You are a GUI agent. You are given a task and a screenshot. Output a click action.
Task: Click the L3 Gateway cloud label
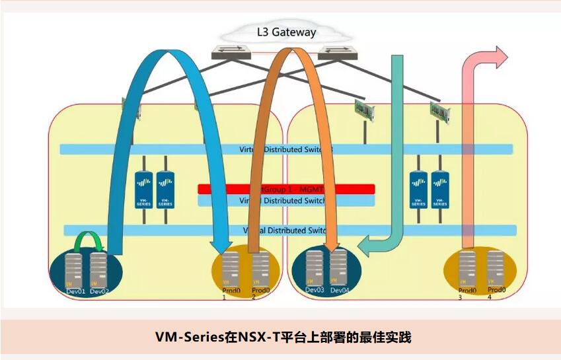click(286, 32)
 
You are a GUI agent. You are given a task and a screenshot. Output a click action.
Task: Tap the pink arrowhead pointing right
click(499, 57)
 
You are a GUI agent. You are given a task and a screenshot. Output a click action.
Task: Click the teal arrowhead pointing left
click(365, 247)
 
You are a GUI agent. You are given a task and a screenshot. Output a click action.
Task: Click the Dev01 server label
click(75, 291)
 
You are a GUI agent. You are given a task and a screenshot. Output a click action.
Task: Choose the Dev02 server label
click(99, 291)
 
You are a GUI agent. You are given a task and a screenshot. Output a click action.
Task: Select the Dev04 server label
click(340, 290)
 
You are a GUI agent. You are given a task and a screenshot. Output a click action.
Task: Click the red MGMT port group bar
click(286, 189)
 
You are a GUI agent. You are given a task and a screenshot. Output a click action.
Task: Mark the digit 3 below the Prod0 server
click(460, 298)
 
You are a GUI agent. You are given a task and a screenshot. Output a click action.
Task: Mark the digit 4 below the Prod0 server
click(489, 298)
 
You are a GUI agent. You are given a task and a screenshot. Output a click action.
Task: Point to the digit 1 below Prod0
click(224, 298)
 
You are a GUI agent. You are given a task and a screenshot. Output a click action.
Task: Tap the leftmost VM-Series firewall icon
click(143, 190)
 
